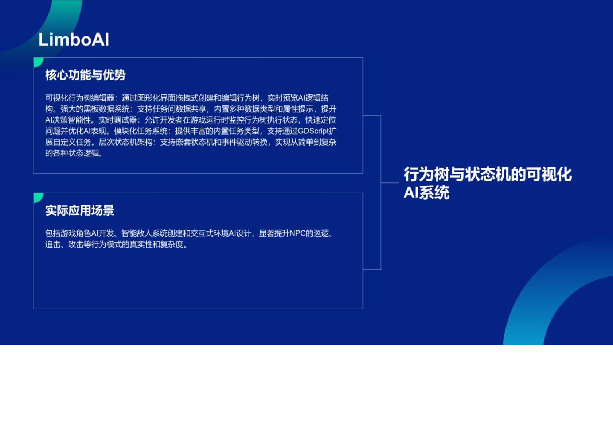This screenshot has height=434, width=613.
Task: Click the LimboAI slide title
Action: tap(74, 39)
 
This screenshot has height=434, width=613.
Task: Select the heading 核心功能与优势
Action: tap(85, 75)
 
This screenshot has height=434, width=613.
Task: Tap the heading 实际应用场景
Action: tap(79, 210)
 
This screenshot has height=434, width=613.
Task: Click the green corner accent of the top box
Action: tap(38, 61)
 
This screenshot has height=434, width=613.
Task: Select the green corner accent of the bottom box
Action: tap(38, 197)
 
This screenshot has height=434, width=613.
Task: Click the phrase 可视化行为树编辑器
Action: tap(79, 98)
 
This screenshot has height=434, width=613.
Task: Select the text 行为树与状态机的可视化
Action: tap(487, 174)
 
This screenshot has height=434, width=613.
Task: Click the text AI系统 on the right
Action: tap(426, 193)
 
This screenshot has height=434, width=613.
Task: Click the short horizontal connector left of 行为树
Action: tap(390, 183)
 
